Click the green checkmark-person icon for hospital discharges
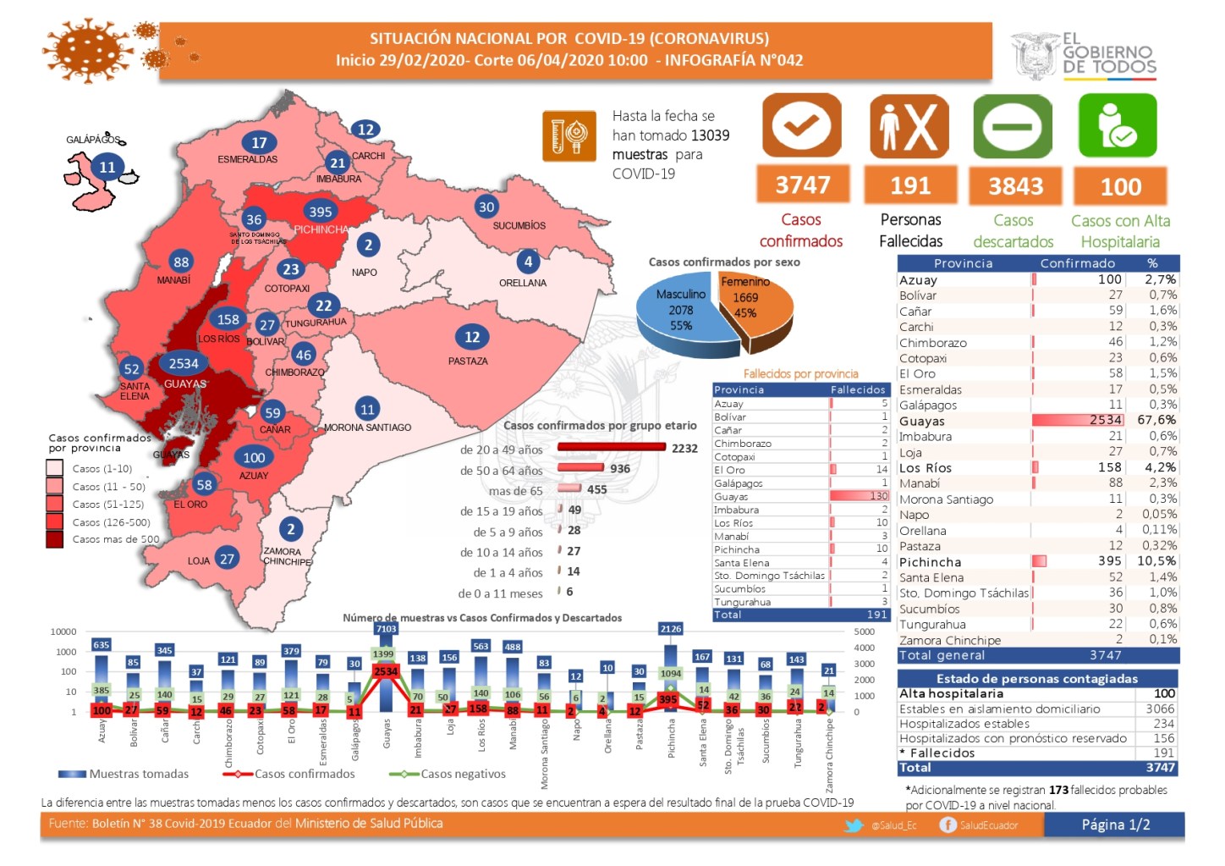coord(1118,126)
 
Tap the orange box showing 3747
coord(802,185)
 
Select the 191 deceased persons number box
coord(910,185)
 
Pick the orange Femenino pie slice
coord(753,301)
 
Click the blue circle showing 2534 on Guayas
coord(184,363)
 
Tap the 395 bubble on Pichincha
coord(321,212)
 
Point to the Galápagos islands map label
coord(93,140)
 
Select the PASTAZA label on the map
coord(468,361)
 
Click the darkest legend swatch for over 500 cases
coord(55,539)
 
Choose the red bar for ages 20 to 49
coord(610,448)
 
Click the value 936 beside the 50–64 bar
coord(620,468)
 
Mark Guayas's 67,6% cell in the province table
coord(1156,420)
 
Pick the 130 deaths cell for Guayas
coord(879,496)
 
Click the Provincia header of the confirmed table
coord(963,263)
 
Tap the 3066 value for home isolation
coord(1160,709)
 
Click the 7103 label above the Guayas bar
coord(386,628)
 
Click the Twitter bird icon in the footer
coord(854,825)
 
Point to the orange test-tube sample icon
coord(569,135)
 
